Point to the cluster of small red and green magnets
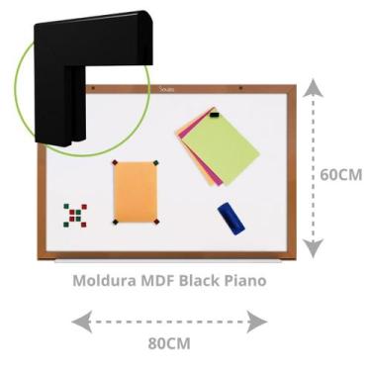click(75, 214)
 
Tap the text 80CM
click(169, 343)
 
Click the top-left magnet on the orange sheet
click(115, 163)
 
